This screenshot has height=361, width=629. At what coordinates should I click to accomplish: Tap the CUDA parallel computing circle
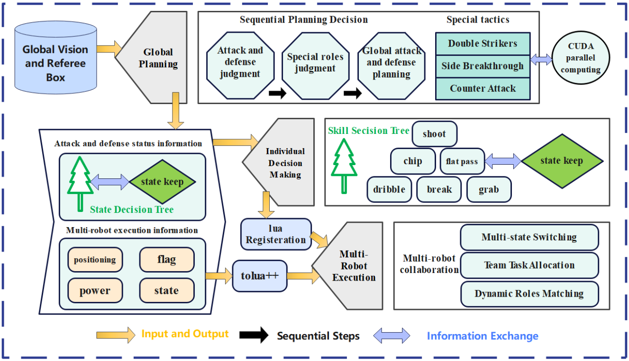(581, 59)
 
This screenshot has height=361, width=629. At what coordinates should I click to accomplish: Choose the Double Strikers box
(483, 44)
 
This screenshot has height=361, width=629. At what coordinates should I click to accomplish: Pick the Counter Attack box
(483, 88)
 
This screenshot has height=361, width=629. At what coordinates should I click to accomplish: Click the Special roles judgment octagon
(315, 62)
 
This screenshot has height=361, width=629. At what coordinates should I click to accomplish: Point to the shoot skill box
(434, 134)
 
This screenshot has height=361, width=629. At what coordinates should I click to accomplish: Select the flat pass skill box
(461, 161)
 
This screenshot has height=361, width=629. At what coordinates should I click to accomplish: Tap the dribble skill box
(389, 189)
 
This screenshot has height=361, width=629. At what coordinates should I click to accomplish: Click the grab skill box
(489, 189)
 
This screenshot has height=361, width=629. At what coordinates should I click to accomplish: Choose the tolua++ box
(260, 275)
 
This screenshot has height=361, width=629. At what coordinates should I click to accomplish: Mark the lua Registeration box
(276, 234)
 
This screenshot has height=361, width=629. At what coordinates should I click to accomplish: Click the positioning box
(95, 260)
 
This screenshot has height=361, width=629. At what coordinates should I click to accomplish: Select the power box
(95, 291)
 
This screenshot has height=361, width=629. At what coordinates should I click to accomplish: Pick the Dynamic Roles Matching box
(529, 293)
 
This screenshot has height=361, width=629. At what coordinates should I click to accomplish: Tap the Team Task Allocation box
(529, 265)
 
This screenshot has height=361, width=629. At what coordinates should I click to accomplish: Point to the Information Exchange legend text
(483, 336)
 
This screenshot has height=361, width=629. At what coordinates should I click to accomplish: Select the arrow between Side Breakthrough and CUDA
(541, 60)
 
